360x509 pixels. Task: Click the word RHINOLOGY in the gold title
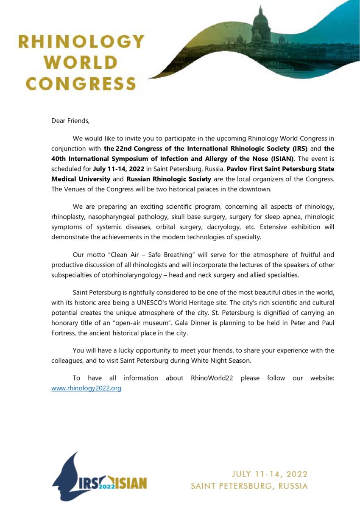coord(81,42)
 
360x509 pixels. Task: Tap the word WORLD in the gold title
coord(81,62)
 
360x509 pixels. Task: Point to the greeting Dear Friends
coord(70,121)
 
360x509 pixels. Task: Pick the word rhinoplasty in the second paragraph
coord(68,217)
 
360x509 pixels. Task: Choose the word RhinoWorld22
coord(212,378)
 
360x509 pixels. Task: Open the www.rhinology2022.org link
coord(86,388)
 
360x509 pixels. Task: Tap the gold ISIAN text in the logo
coord(131,484)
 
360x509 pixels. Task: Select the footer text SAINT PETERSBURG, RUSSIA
coord(249,486)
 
